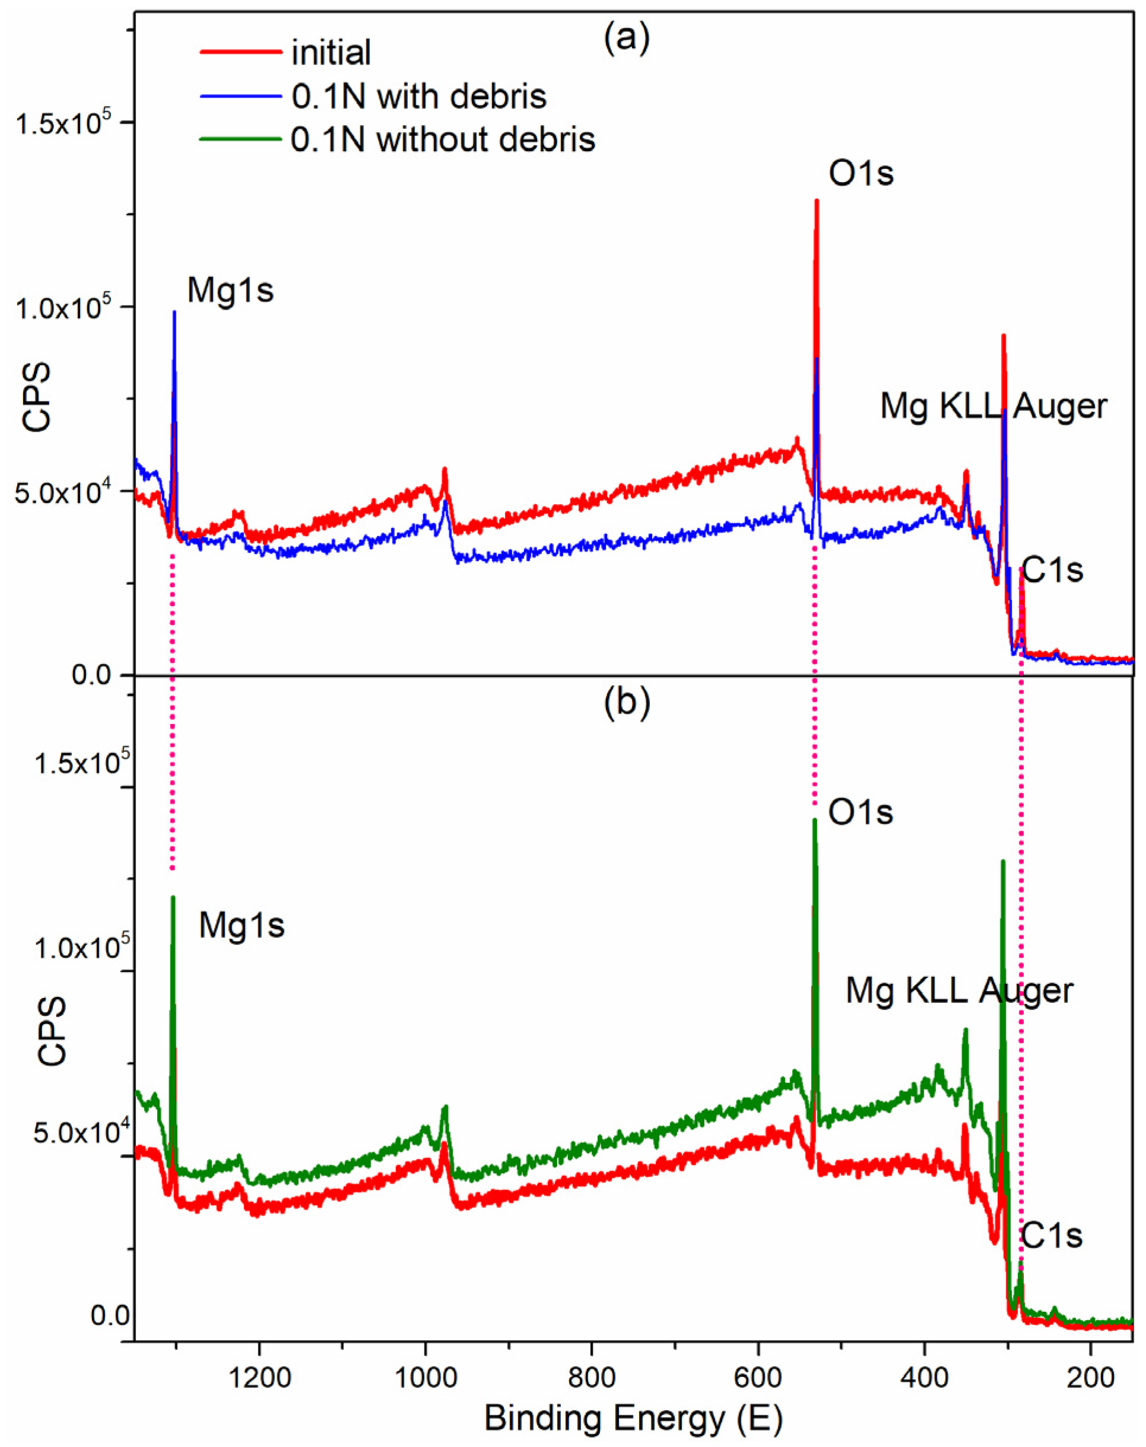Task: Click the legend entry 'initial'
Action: pyautogui.click(x=331, y=52)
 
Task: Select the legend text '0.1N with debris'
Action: pyautogui.click(x=419, y=97)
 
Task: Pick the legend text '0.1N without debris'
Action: pyautogui.click(x=443, y=139)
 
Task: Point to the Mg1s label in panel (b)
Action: pyautogui.click(x=241, y=926)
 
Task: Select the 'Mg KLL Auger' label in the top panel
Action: pyautogui.click(x=993, y=406)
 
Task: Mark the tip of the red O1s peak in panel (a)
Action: pyautogui.click(x=816, y=200)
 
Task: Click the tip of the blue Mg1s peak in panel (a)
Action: pyautogui.click(x=174, y=312)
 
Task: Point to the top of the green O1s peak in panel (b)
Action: pyautogui.click(x=815, y=820)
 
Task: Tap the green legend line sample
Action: pyautogui.click(x=240, y=139)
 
